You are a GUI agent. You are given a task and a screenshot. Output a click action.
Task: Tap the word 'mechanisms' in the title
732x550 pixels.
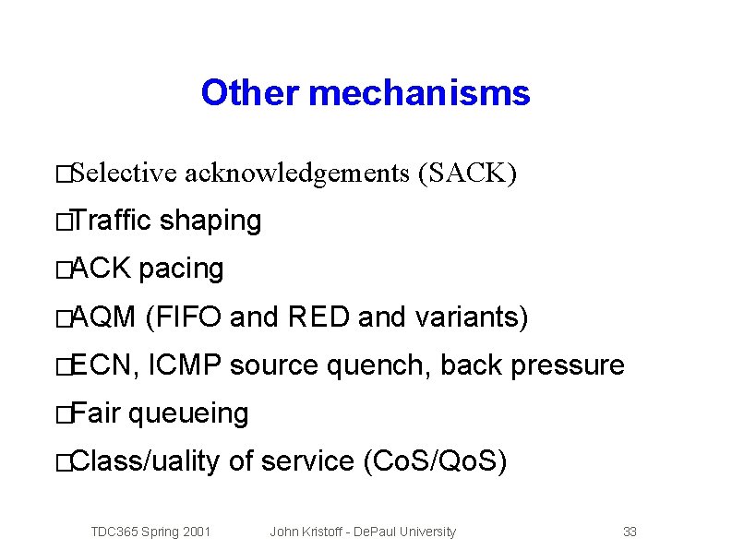coord(420,93)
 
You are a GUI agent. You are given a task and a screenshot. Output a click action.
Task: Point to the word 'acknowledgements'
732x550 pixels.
coord(296,173)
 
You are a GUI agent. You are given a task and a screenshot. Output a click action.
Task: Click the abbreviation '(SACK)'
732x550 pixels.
coord(467,173)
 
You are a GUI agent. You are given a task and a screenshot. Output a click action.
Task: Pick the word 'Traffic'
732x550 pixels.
coord(111,221)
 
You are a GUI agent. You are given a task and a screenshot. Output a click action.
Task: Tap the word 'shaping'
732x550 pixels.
coord(210,221)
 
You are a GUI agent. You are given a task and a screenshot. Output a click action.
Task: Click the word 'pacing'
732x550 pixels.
coord(181,269)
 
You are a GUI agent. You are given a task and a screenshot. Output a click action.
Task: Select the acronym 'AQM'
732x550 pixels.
coord(102,317)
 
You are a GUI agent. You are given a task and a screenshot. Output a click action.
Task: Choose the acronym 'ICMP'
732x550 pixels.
coord(185,365)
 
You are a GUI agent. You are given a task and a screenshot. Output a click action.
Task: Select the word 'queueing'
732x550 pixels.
coord(188,413)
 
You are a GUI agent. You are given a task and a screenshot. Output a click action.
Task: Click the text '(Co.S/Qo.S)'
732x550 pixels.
coord(431,461)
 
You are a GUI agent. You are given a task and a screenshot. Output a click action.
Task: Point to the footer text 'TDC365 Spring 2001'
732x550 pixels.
coord(150,532)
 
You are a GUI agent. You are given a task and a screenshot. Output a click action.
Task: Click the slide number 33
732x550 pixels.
coord(630,532)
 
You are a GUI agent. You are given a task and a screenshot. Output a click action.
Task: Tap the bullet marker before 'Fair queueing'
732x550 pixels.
coord(62,415)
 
